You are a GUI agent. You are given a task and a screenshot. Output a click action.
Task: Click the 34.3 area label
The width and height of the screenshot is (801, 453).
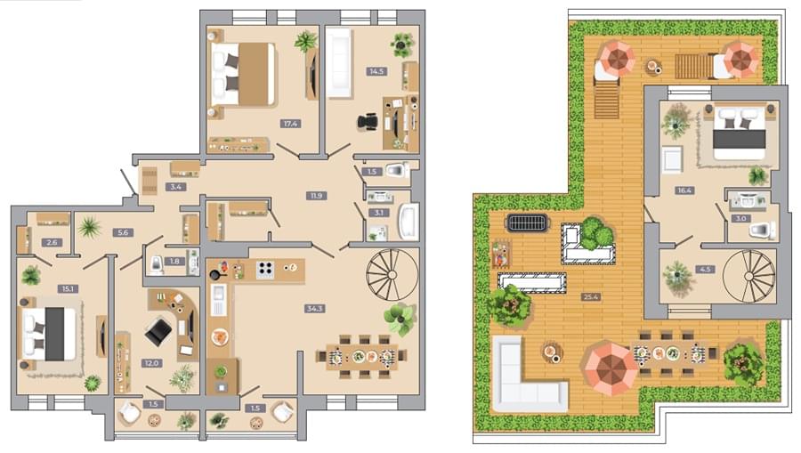tap(314, 309)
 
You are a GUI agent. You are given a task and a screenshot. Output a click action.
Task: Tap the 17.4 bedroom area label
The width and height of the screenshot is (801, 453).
tap(291, 124)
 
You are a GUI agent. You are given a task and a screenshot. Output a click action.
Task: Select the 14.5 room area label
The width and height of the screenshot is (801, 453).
tap(376, 71)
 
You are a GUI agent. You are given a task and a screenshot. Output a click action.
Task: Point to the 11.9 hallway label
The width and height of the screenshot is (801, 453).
tap(316, 196)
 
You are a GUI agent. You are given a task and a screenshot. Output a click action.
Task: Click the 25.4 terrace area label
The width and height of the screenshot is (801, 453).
tap(591, 296)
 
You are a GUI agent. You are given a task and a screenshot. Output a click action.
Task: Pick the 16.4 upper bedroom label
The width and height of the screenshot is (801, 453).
tap(684, 190)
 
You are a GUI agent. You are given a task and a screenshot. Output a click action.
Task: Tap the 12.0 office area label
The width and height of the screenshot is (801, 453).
tap(152, 363)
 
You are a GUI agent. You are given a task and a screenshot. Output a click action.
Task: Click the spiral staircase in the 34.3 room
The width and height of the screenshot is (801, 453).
tap(392, 275)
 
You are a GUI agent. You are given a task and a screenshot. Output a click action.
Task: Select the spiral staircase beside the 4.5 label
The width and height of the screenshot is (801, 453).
tap(749, 276)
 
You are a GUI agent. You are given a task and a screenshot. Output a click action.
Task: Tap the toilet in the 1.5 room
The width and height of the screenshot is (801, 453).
tap(397, 170)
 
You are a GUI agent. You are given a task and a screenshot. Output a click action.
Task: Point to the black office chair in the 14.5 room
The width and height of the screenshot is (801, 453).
tap(368, 123)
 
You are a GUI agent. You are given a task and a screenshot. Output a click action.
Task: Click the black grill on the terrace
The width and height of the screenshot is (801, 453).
tap(527, 223)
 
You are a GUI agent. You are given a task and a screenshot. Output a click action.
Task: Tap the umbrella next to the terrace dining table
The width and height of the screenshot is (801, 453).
tap(611, 368)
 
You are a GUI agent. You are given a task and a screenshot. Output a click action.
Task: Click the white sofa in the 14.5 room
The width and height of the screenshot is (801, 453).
tap(339, 62)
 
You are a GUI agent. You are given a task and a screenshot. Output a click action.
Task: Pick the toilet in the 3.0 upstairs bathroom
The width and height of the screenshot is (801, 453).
tap(764, 230)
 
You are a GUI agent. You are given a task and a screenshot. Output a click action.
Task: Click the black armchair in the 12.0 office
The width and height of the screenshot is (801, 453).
tap(159, 332)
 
